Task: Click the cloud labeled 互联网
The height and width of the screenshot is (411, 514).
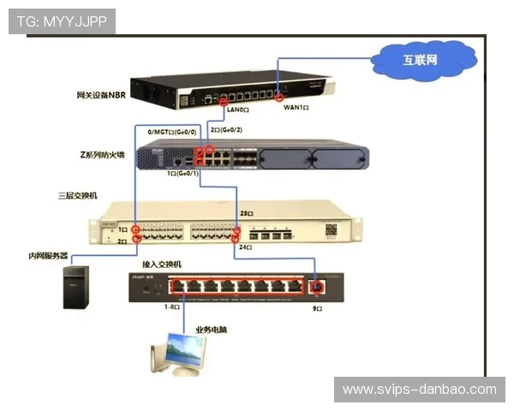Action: (422, 59)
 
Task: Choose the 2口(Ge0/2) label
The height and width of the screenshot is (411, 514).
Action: (227, 129)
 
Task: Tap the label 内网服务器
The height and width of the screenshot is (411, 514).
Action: (48, 255)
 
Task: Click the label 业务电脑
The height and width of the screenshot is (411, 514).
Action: (213, 329)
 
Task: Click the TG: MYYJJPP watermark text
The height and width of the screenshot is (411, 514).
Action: (62, 21)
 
